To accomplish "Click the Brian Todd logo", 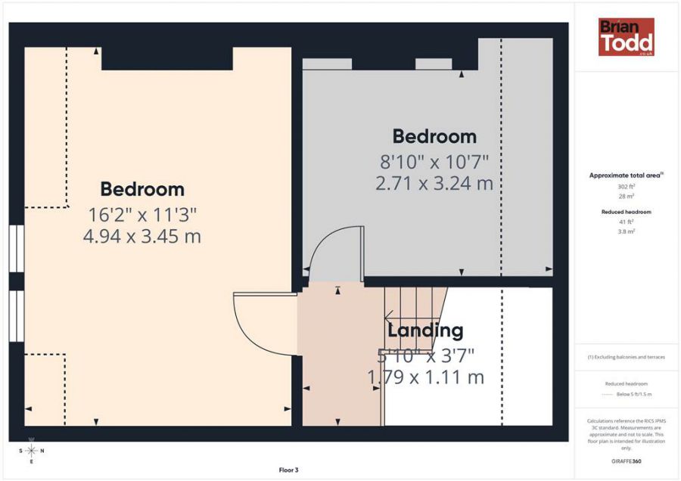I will point(626,37).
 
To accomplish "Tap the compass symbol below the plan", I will point(31,451).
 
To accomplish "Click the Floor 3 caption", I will point(288,470).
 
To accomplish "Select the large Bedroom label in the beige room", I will point(142,189).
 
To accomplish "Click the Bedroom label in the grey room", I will point(434,137).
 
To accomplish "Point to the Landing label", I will point(425,330).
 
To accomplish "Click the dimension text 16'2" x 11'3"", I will point(142,213).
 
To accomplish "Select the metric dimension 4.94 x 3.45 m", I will point(142,236).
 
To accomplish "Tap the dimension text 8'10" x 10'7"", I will point(434,161).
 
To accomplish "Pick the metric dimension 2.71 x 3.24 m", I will point(434,183).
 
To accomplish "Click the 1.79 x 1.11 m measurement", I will point(425,377).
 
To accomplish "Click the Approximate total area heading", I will point(626,175).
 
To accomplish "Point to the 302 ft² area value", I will point(626,186).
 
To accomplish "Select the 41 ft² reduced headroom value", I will point(626,222).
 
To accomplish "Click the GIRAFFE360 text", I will point(626,461).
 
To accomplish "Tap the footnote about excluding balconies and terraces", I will point(626,357).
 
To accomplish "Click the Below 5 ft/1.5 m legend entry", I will point(634,395).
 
